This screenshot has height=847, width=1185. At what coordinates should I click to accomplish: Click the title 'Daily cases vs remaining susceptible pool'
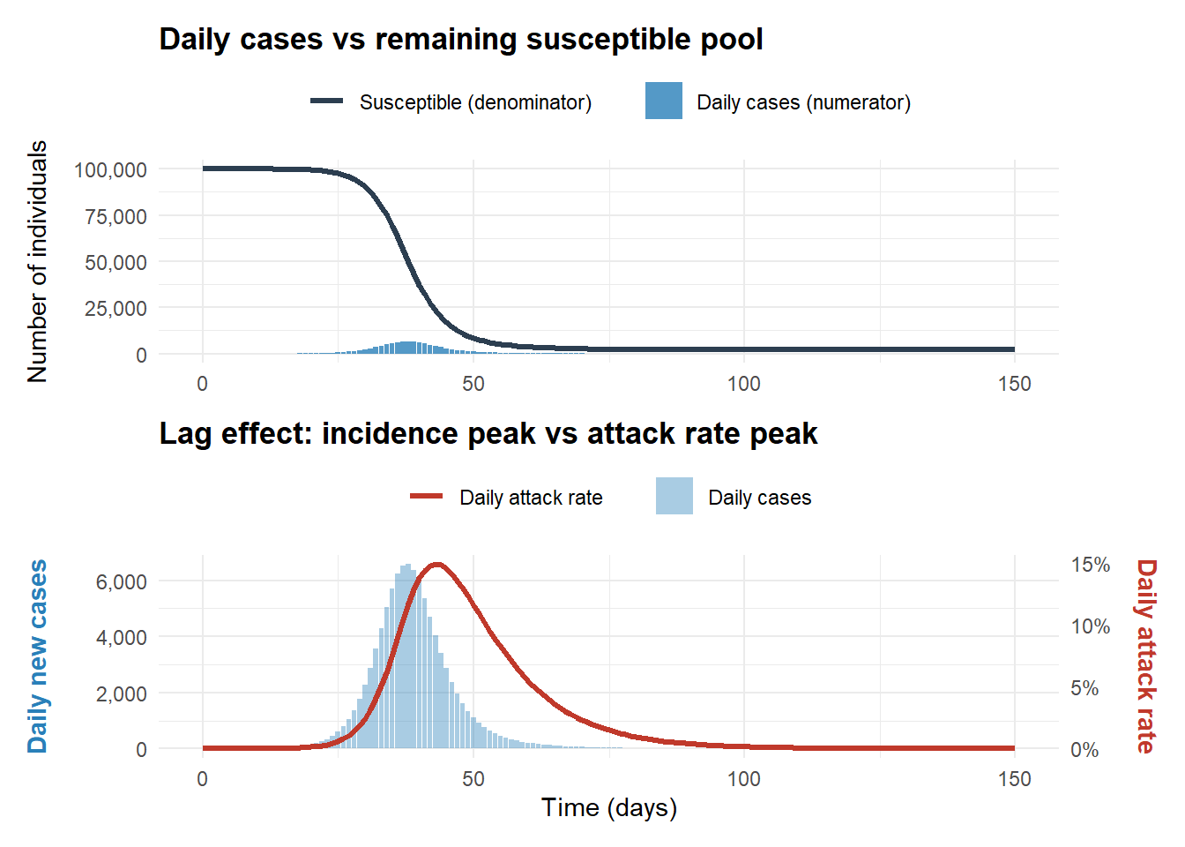pyautogui.click(x=460, y=40)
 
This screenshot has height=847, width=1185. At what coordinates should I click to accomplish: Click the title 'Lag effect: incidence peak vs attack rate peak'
pyautogui.click(x=488, y=434)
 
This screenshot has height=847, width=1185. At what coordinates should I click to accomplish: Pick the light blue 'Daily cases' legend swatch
pyautogui.click(x=674, y=497)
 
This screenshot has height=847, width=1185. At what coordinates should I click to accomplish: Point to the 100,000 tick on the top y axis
pyautogui.click(x=110, y=169)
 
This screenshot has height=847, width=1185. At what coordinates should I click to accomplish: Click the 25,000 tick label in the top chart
pyautogui.click(x=116, y=309)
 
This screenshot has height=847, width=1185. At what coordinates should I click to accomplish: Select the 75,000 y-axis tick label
pyautogui.click(x=116, y=216)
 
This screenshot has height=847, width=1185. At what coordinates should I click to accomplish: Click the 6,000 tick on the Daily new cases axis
pyautogui.click(x=122, y=581)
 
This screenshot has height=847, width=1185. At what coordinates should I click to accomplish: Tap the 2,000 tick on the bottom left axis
pyautogui.click(x=122, y=693)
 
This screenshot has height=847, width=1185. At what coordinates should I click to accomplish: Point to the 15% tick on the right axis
pyautogui.click(x=1091, y=565)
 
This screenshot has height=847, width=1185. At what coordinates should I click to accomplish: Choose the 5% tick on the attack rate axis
pyautogui.click(x=1084, y=688)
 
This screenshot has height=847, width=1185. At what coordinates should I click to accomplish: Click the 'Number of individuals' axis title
pyautogui.click(x=37, y=261)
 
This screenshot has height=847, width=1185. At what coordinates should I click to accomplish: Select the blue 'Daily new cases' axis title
pyautogui.click(x=37, y=656)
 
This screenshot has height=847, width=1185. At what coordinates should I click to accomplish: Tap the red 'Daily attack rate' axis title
pyautogui.click(x=1145, y=656)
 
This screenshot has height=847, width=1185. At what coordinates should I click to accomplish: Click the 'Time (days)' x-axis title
pyautogui.click(x=608, y=807)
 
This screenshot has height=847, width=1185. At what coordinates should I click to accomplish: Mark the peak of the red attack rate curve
pyautogui.click(x=436, y=565)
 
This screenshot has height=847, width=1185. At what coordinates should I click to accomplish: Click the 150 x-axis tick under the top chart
pyautogui.click(x=1014, y=384)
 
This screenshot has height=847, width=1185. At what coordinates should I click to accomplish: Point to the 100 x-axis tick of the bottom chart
pyautogui.click(x=743, y=779)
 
